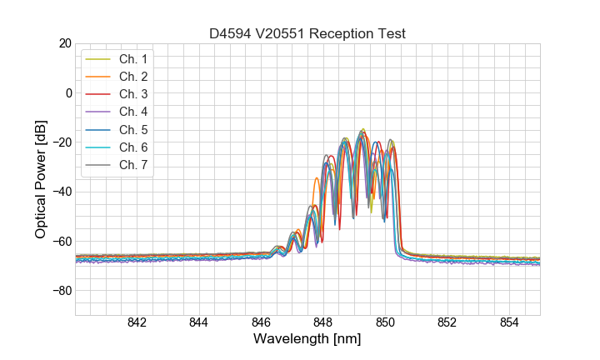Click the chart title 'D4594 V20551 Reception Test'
[x=307, y=33]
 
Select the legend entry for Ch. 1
[x=133, y=59]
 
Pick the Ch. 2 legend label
[x=133, y=77]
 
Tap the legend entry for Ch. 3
[x=133, y=94]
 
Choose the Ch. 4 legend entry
[x=133, y=112]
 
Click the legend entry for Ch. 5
[x=133, y=129]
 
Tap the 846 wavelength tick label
[x=261, y=323]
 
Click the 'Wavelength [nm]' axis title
[x=307, y=340]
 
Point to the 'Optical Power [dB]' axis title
[x=41, y=179]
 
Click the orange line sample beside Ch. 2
[x=99, y=77]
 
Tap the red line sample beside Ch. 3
[x=99, y=94]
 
